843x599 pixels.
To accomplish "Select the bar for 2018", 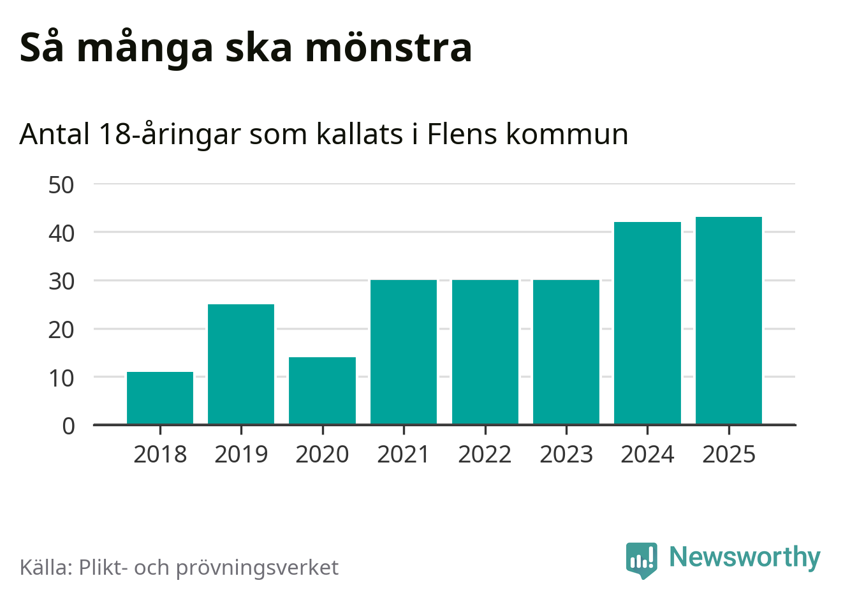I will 160,398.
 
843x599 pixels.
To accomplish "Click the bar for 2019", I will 241,364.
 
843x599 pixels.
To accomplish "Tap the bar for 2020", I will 322,390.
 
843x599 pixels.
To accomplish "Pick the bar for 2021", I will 404,352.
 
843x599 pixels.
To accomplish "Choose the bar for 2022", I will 485,352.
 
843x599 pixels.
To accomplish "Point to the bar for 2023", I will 566,352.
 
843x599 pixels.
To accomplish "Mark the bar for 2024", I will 647,323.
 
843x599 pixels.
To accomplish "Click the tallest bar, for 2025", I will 729,320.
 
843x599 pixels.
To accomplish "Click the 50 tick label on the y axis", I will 61,185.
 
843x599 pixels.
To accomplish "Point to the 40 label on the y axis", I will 61,233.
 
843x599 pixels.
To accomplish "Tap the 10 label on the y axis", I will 61,378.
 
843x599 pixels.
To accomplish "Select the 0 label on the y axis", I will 68,425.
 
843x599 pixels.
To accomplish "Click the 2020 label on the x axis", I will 322,454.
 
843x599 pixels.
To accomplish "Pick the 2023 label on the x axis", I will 566,454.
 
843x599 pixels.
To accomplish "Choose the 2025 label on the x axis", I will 729,454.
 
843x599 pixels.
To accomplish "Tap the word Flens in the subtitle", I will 462,134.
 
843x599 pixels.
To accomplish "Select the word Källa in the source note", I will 46,566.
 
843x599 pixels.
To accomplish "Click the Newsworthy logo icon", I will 641,559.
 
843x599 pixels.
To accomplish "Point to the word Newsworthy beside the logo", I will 744,558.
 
